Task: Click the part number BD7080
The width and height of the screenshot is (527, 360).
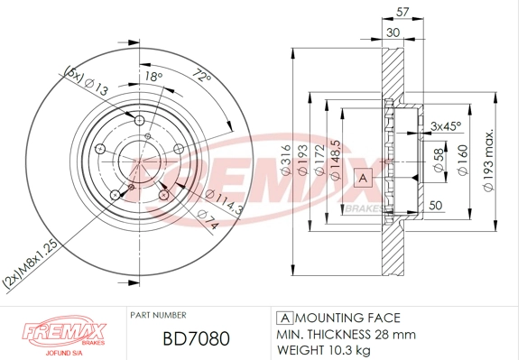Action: click(194, 338)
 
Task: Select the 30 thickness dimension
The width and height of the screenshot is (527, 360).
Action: click(393, 32)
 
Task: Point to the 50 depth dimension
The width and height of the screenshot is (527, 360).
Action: click(436, 207)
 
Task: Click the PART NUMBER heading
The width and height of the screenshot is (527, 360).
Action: click(161, 316)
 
